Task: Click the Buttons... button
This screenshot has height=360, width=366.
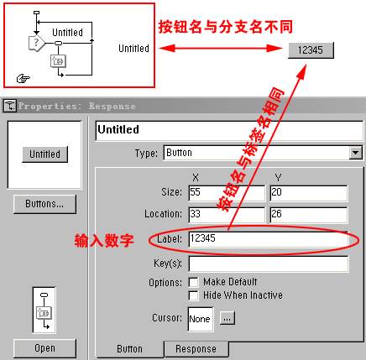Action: point(44,204)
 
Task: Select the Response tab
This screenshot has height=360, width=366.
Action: point(196,349)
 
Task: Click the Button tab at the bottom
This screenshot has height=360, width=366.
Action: point(129,349)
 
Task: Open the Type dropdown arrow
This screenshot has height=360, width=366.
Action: point(356,153)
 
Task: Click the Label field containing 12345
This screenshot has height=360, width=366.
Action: point(269,239)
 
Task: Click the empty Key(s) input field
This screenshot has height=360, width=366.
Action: point(269,263)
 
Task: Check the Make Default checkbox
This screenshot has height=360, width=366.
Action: point(193,282)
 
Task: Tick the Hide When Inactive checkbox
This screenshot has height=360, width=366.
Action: point(193,295)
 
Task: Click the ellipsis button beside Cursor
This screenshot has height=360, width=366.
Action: point(227,318)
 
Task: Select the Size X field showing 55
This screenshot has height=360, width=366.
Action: point(227,193)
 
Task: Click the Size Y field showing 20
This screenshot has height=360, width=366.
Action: point(309,193)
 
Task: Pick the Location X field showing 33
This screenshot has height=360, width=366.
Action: point(227,215)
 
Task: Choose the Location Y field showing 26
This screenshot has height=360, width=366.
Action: point(309,215)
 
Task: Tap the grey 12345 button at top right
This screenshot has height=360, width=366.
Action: point(311,50)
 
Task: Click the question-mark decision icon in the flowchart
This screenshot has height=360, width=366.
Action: point(36,43)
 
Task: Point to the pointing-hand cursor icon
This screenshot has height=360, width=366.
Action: point(24,79)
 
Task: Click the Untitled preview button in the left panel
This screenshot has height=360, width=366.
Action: point(44,154)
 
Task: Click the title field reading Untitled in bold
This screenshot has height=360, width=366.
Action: point(229,130)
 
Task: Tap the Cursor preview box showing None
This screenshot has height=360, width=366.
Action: point(201,319)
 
